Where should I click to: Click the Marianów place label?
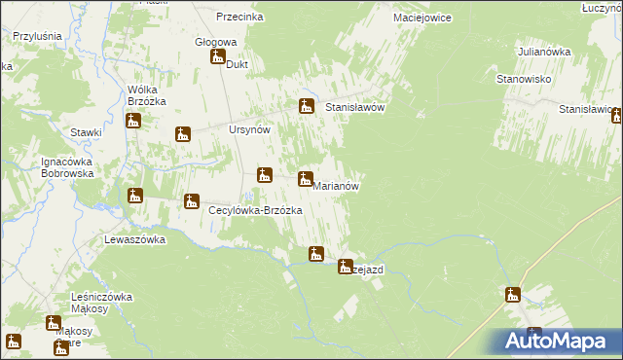(x=339, y=186)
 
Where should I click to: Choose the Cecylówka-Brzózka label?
(x=255, y=210)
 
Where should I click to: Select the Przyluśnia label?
(x=37, y=36)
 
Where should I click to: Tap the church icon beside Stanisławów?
(x=307, y=106)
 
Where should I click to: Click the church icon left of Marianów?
(x=306, y=179)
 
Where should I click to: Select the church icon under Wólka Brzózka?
(x=134, y=121)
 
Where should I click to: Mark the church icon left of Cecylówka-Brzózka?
(x=192, y=201)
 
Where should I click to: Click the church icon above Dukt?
(x=217, y=57)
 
